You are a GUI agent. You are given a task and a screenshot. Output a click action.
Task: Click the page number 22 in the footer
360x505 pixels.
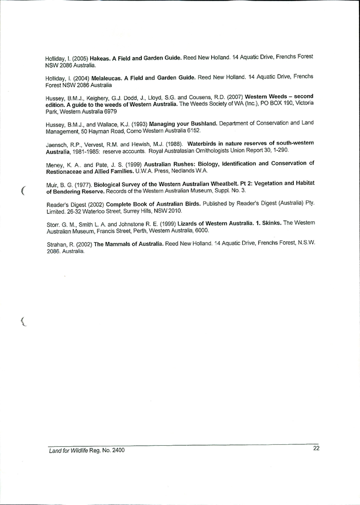pos(316,448)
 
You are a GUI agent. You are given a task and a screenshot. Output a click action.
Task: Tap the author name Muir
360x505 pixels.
pos(52,185)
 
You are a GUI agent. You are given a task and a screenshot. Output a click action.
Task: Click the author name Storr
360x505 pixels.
pos(53,225)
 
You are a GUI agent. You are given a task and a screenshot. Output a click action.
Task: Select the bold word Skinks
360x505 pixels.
pos(269,223)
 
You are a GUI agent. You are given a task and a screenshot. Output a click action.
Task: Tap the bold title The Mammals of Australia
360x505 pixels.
pos(128,244)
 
